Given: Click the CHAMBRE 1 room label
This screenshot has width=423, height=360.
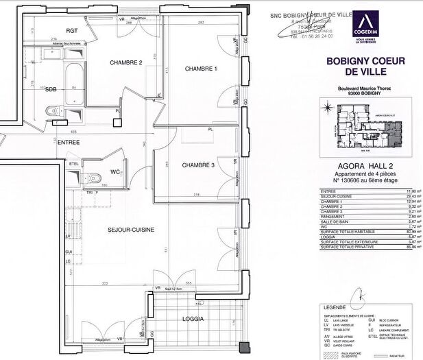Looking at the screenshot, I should click(201, 69).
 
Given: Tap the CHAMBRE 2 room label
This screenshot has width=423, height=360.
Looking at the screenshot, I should click(126, 63).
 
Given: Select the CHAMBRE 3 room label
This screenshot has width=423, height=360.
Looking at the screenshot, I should click(198, 165).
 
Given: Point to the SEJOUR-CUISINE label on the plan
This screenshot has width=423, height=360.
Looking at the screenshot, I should click(130, 230).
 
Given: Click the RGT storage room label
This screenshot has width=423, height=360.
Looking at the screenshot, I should click(72, 32).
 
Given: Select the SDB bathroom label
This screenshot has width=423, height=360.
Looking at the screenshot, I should click(51, 90).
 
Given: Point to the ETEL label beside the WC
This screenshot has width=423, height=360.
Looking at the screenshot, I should click(74, 165).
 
